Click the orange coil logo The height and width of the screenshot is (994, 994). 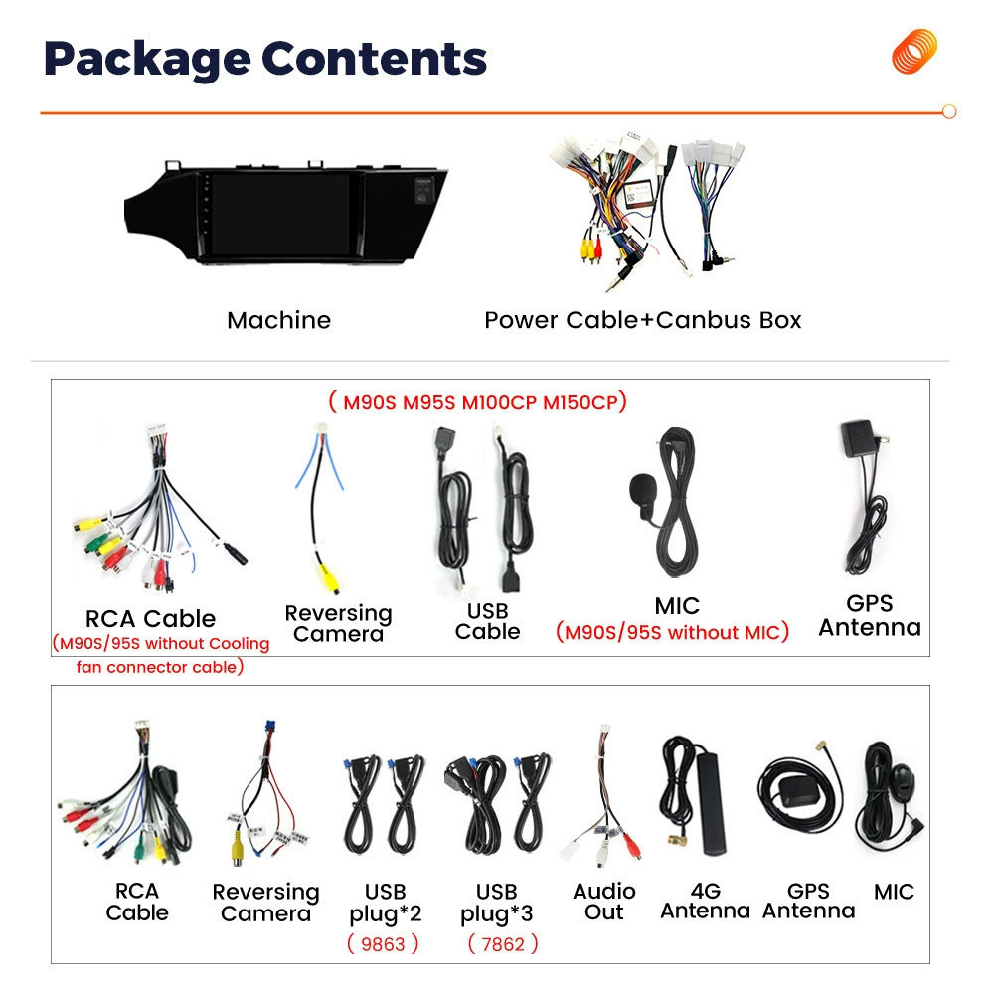click(914, 51)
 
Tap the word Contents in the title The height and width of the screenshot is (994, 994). click(374, 59)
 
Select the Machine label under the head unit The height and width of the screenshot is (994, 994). click(279, 320)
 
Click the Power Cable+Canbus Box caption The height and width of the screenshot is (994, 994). click(643, 320)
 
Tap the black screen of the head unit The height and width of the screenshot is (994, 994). click(281, 215)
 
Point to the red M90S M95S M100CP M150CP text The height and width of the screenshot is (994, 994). click(478, 402)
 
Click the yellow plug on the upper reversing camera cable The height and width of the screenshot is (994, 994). click(328, 577)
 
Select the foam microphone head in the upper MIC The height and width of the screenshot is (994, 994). click(643, 490)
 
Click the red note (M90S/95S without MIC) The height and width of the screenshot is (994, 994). click(672, 632)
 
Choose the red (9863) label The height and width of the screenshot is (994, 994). click(383, 944)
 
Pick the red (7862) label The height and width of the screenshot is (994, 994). click(503, 944)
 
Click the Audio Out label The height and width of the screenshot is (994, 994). click(604, 902)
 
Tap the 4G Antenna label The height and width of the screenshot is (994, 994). click(706, 901)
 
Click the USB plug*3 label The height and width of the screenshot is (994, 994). click(496, 903)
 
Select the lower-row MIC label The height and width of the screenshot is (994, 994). click(894, 892)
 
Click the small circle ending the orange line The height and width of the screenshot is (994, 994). click(949, 112)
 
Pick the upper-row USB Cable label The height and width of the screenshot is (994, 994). click(487, 621)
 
